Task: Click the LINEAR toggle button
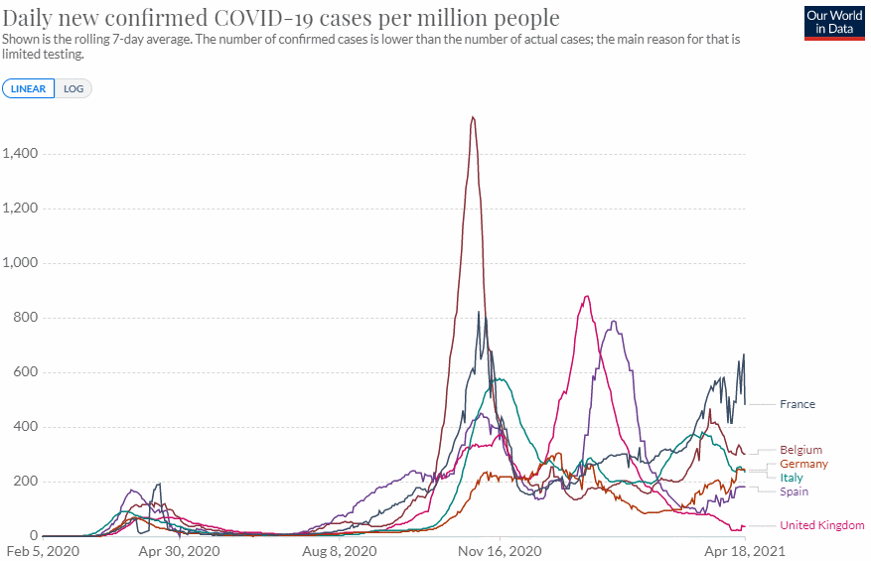(x=29, y=88)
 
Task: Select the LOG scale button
(x=73, y=88)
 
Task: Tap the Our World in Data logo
(x=833, y=22)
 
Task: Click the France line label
(x=798, y=404)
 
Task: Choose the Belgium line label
(x=800, y=450)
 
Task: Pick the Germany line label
(x=803, y=464)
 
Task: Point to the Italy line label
(x=792, y=478)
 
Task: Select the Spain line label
(x=795, y=491)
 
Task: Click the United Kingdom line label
(x=821, y=525)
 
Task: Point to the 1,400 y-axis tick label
(x=20, y=154)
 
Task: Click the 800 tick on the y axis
(x=26, y=318)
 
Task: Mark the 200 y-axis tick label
(x=26, y=482)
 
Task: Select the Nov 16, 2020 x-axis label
(x=500, y=550)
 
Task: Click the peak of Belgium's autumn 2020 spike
(x=473, y=117)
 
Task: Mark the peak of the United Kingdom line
(x=587, y=296)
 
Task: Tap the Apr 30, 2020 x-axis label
(x=179, y=550)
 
